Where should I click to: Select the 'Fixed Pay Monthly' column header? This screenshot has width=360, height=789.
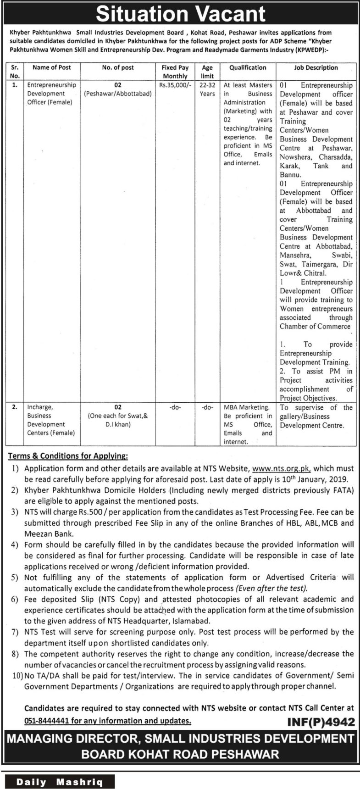(x=175, y=72)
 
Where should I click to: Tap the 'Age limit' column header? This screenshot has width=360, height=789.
(x=207, y=72)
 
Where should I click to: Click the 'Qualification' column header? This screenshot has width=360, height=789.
(x=248, y=67)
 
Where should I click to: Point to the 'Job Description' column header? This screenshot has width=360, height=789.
(x=316, y=67)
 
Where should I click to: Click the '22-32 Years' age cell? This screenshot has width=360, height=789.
(x=207, y=89)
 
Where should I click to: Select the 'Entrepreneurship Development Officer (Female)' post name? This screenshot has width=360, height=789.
(x=51, y=94)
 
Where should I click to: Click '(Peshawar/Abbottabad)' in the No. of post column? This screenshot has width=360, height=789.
(x=118, y=94)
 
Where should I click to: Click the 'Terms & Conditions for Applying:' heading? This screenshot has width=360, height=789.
(x=68, y=456)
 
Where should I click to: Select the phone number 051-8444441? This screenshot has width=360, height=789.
(x=47, y=721)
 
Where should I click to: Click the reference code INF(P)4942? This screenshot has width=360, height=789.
(x=321, y=722)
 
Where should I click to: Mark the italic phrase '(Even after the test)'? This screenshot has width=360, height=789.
(x=271, y=589)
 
